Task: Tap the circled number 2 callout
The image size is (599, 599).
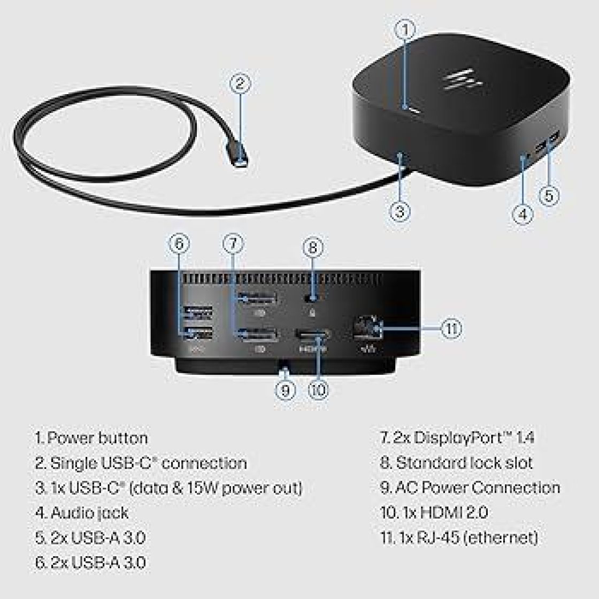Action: point(240,83)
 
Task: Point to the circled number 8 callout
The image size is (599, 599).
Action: point(313,247)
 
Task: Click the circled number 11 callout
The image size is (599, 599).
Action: point(451,328)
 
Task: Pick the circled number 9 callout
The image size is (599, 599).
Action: point(285,390)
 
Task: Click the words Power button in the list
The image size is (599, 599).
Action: point(97,438)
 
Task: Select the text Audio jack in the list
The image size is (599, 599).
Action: point(89,513)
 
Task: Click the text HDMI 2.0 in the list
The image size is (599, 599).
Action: point(454,513)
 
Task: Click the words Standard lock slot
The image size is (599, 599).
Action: point(464,463)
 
